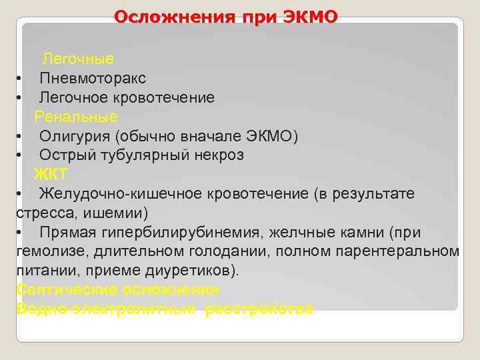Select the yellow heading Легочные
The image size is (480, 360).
click(x=78, y=59)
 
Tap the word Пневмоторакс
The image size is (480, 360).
click(x=92, y=79)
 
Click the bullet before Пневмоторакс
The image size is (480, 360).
click(x=20, y=79)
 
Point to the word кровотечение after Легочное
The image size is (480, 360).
click(x=173, y=98)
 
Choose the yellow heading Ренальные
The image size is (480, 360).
click(x=76, y=117)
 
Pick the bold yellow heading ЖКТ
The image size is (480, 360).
click(x=51, y=175)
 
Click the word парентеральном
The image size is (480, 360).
click(x=402, y=251)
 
